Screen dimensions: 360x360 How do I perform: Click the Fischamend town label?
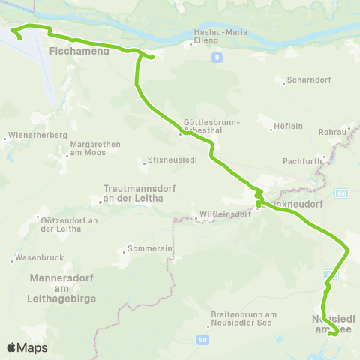coord(79,52)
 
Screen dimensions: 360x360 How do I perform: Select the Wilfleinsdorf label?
coord(223,214)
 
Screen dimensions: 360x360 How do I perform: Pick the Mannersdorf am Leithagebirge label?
coord(61,288)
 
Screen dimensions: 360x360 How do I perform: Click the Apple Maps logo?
coord(26,347)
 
